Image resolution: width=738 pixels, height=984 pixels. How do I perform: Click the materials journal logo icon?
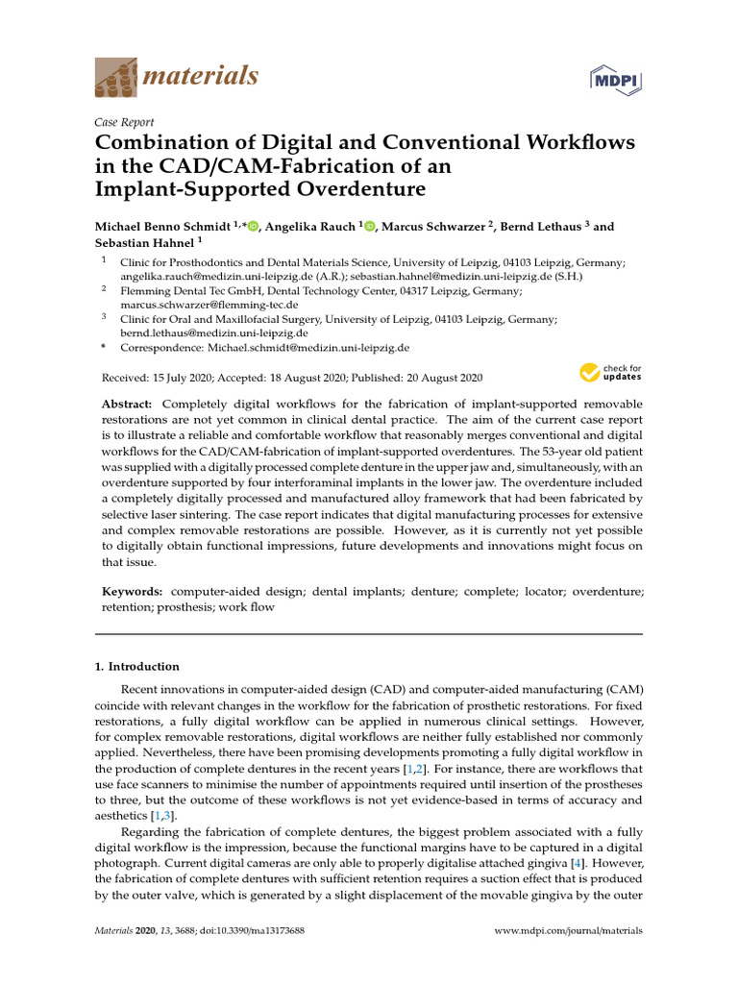coord(115,77)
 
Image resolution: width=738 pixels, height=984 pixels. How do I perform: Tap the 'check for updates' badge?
coord(610,373)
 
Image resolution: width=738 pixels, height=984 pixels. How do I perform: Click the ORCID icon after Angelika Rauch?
coord(370,227)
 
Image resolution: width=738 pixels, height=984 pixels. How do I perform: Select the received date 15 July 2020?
coord(186,379)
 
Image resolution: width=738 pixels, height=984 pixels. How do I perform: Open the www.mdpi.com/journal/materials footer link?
coord(567,931)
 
